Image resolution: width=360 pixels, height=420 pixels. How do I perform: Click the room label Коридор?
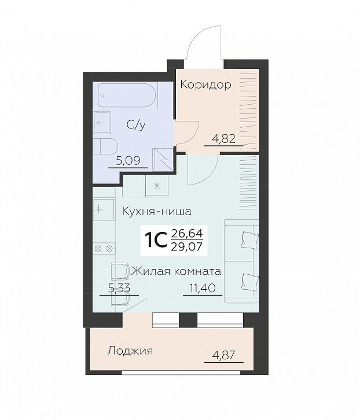(x=205, y=85)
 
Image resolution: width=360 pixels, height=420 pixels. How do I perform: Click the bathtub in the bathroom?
(x=127, y=95)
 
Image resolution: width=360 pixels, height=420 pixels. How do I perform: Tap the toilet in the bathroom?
(x=108, y=146)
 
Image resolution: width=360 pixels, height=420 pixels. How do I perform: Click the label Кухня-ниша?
(x=156, y=211)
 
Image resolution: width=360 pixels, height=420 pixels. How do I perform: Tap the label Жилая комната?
(x=177, y=270)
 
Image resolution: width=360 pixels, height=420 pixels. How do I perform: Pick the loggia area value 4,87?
(x=222, y=355)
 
